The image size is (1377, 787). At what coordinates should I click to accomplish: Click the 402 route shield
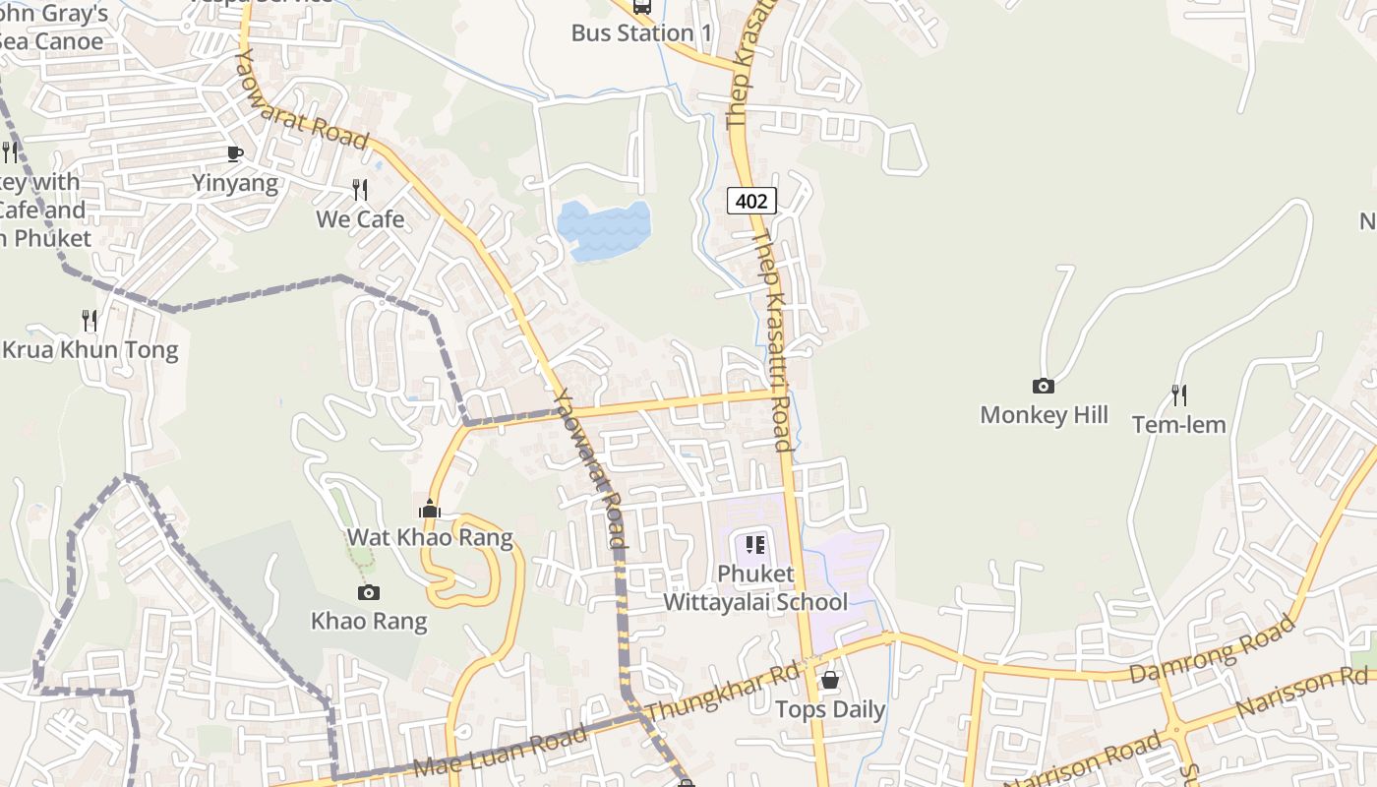[x=751, y=202]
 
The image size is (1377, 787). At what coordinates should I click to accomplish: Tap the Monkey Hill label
[x=1044, y=415]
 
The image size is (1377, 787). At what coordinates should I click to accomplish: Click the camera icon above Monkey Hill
[x=1044, y=387]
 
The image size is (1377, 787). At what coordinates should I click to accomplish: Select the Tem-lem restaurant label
[x=1178, y=425]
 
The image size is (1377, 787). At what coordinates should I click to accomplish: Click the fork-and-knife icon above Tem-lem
[x=1178, y=395]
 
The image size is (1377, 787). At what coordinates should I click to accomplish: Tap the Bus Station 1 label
[x=641, y=32]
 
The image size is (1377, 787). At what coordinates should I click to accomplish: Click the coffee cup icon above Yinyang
[x=234, y=153]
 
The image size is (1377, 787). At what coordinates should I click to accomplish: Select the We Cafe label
[x=360, y=218]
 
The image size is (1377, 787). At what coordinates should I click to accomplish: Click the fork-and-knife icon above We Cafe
[x=360, y=190]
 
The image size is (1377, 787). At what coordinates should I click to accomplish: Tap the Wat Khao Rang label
[x=430, y=537]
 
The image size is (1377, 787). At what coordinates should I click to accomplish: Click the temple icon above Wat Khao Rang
[x=430, y=510]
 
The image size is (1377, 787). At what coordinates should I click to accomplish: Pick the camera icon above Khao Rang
[x=369, y=592]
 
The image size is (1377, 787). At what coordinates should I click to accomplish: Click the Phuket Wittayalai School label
[x=755, y=587]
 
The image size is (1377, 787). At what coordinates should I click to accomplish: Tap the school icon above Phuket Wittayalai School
[x=755, y=545]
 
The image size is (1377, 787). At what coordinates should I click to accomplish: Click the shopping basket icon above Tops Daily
[x=830, y=680]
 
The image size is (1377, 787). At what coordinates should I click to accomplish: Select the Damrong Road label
[x=1212, y=649]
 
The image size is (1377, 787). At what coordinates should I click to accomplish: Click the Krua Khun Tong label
[x=90, y=350]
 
